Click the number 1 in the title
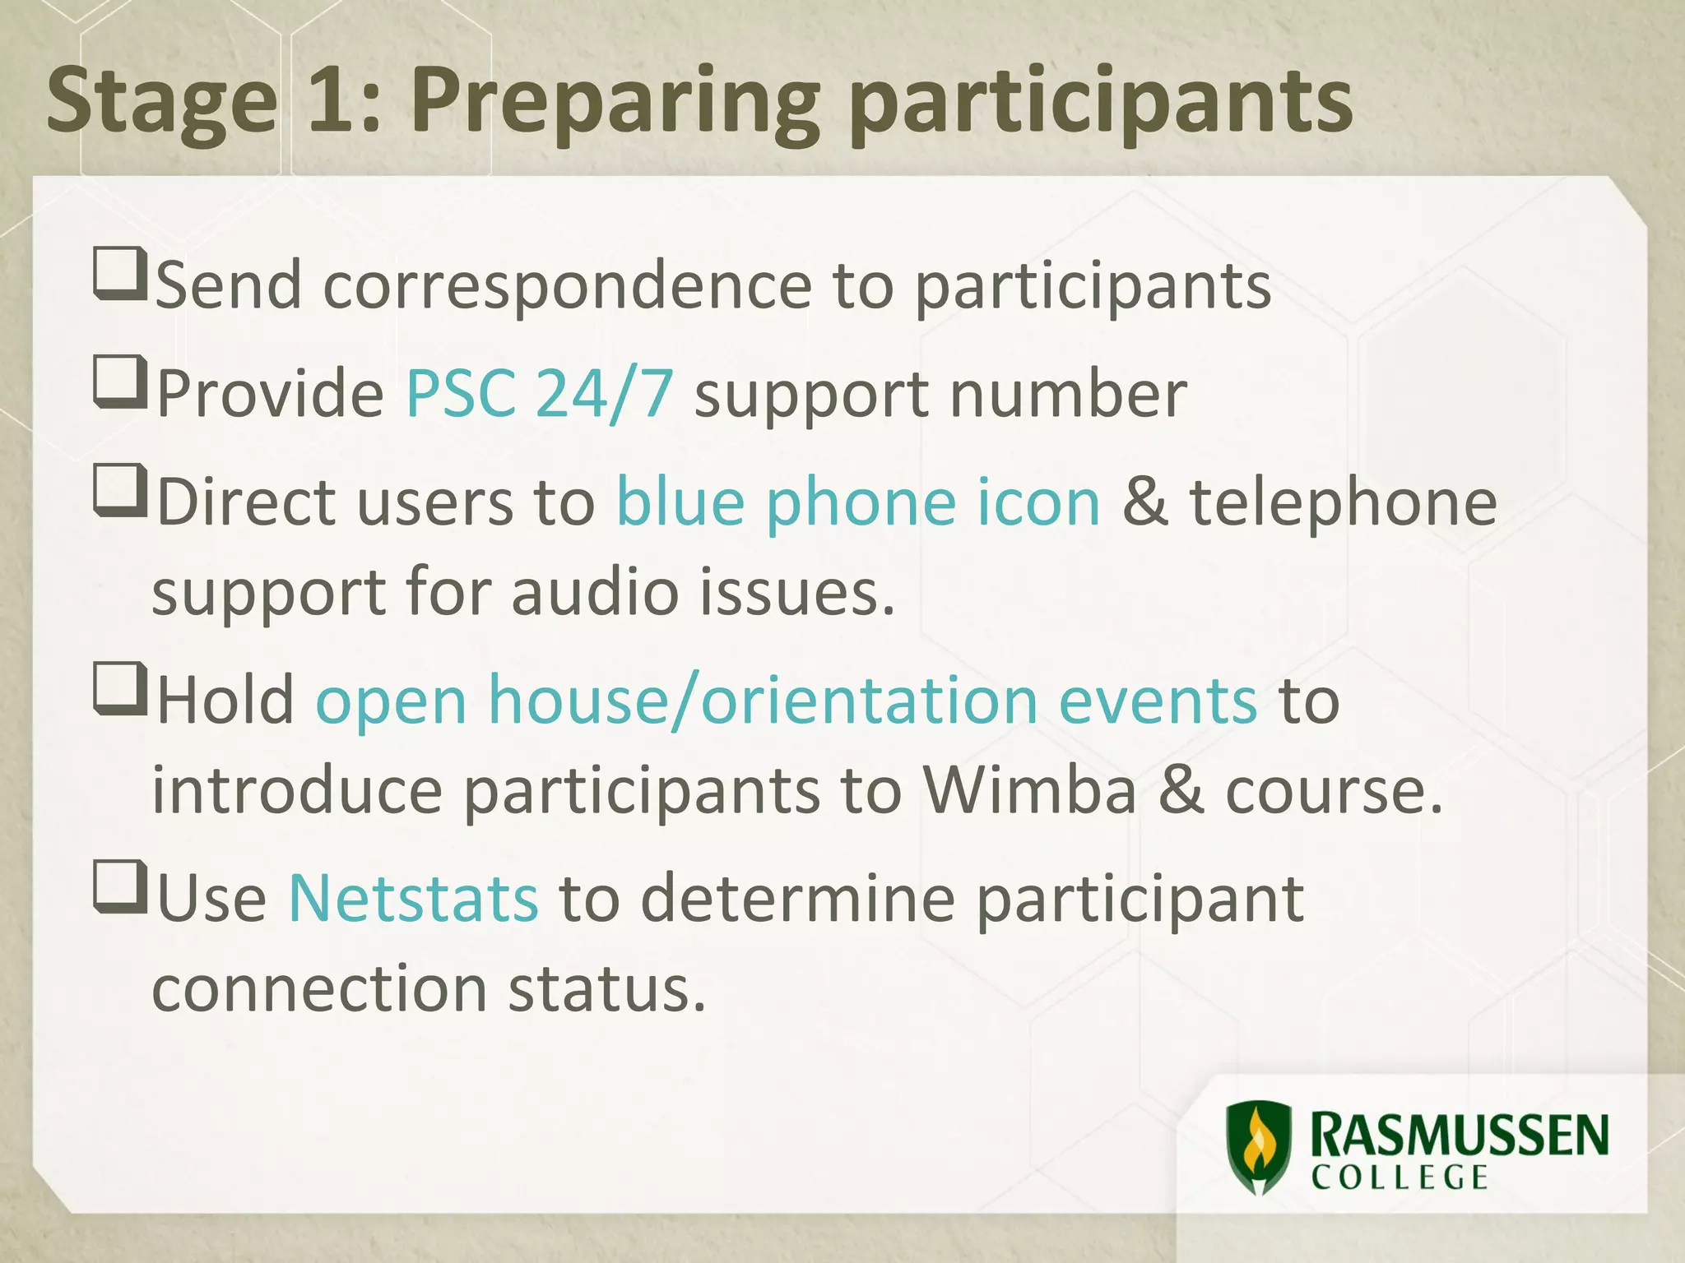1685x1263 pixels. click(x=334, y=103)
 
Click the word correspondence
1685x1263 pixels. click(x=567, y=286)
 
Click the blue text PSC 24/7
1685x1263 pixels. click(x=540, y=394)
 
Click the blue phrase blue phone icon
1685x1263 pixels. click(x=858, y=502)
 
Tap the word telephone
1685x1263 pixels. click(x=1343, y=502)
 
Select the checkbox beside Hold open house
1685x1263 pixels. click(x=119, y=688)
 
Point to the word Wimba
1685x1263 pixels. click(x=1029, y=790)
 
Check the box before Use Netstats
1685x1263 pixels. click(x=119, y=886)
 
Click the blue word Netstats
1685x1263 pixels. click(x=413, y=899)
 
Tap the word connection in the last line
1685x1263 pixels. click(x=319, y=988)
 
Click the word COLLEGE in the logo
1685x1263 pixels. click(x=1400, y=1177)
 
